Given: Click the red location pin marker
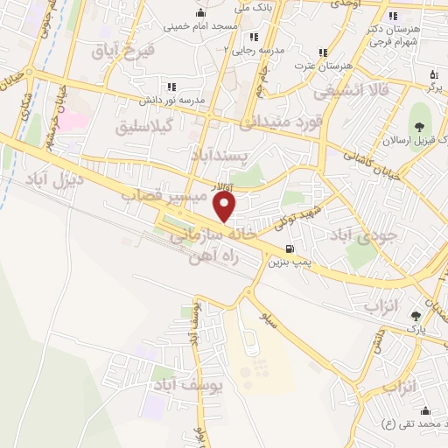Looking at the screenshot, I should [x=226, y=206].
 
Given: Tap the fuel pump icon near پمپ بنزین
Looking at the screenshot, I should [x=289, y=248].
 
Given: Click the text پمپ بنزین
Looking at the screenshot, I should [x=288, y=262].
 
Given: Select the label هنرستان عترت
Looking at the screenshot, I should [x=323, y=66].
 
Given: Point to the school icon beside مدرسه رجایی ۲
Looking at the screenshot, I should [x=254, y=37].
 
